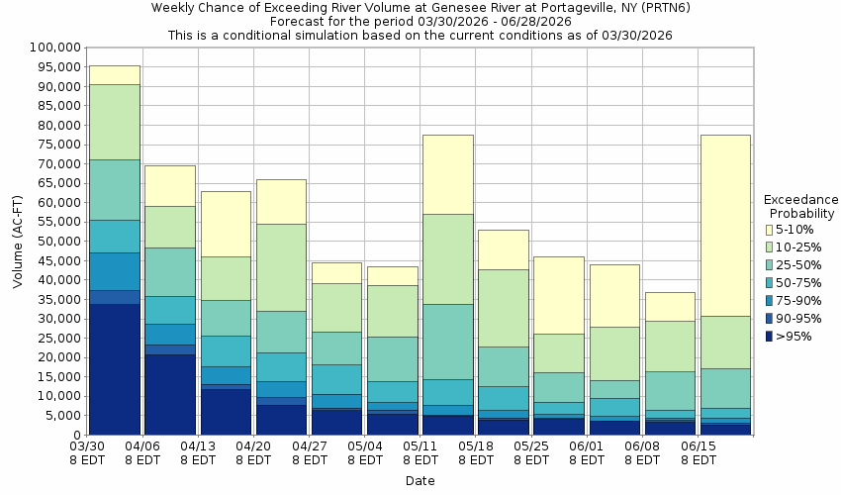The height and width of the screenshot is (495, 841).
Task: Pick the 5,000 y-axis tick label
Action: coord(61,416)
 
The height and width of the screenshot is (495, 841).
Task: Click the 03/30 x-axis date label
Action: coord(88,447)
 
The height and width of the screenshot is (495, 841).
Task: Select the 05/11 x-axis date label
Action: coord(421,447)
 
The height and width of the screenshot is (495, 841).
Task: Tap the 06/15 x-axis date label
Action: coord(699,447)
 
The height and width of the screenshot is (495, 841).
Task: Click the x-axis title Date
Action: coord(420,481)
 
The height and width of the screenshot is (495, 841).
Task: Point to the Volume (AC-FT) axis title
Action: coord(18,241)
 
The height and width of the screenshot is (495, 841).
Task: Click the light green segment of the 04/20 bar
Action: coord(282,267)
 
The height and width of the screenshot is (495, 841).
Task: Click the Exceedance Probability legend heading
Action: coord(802,206)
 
